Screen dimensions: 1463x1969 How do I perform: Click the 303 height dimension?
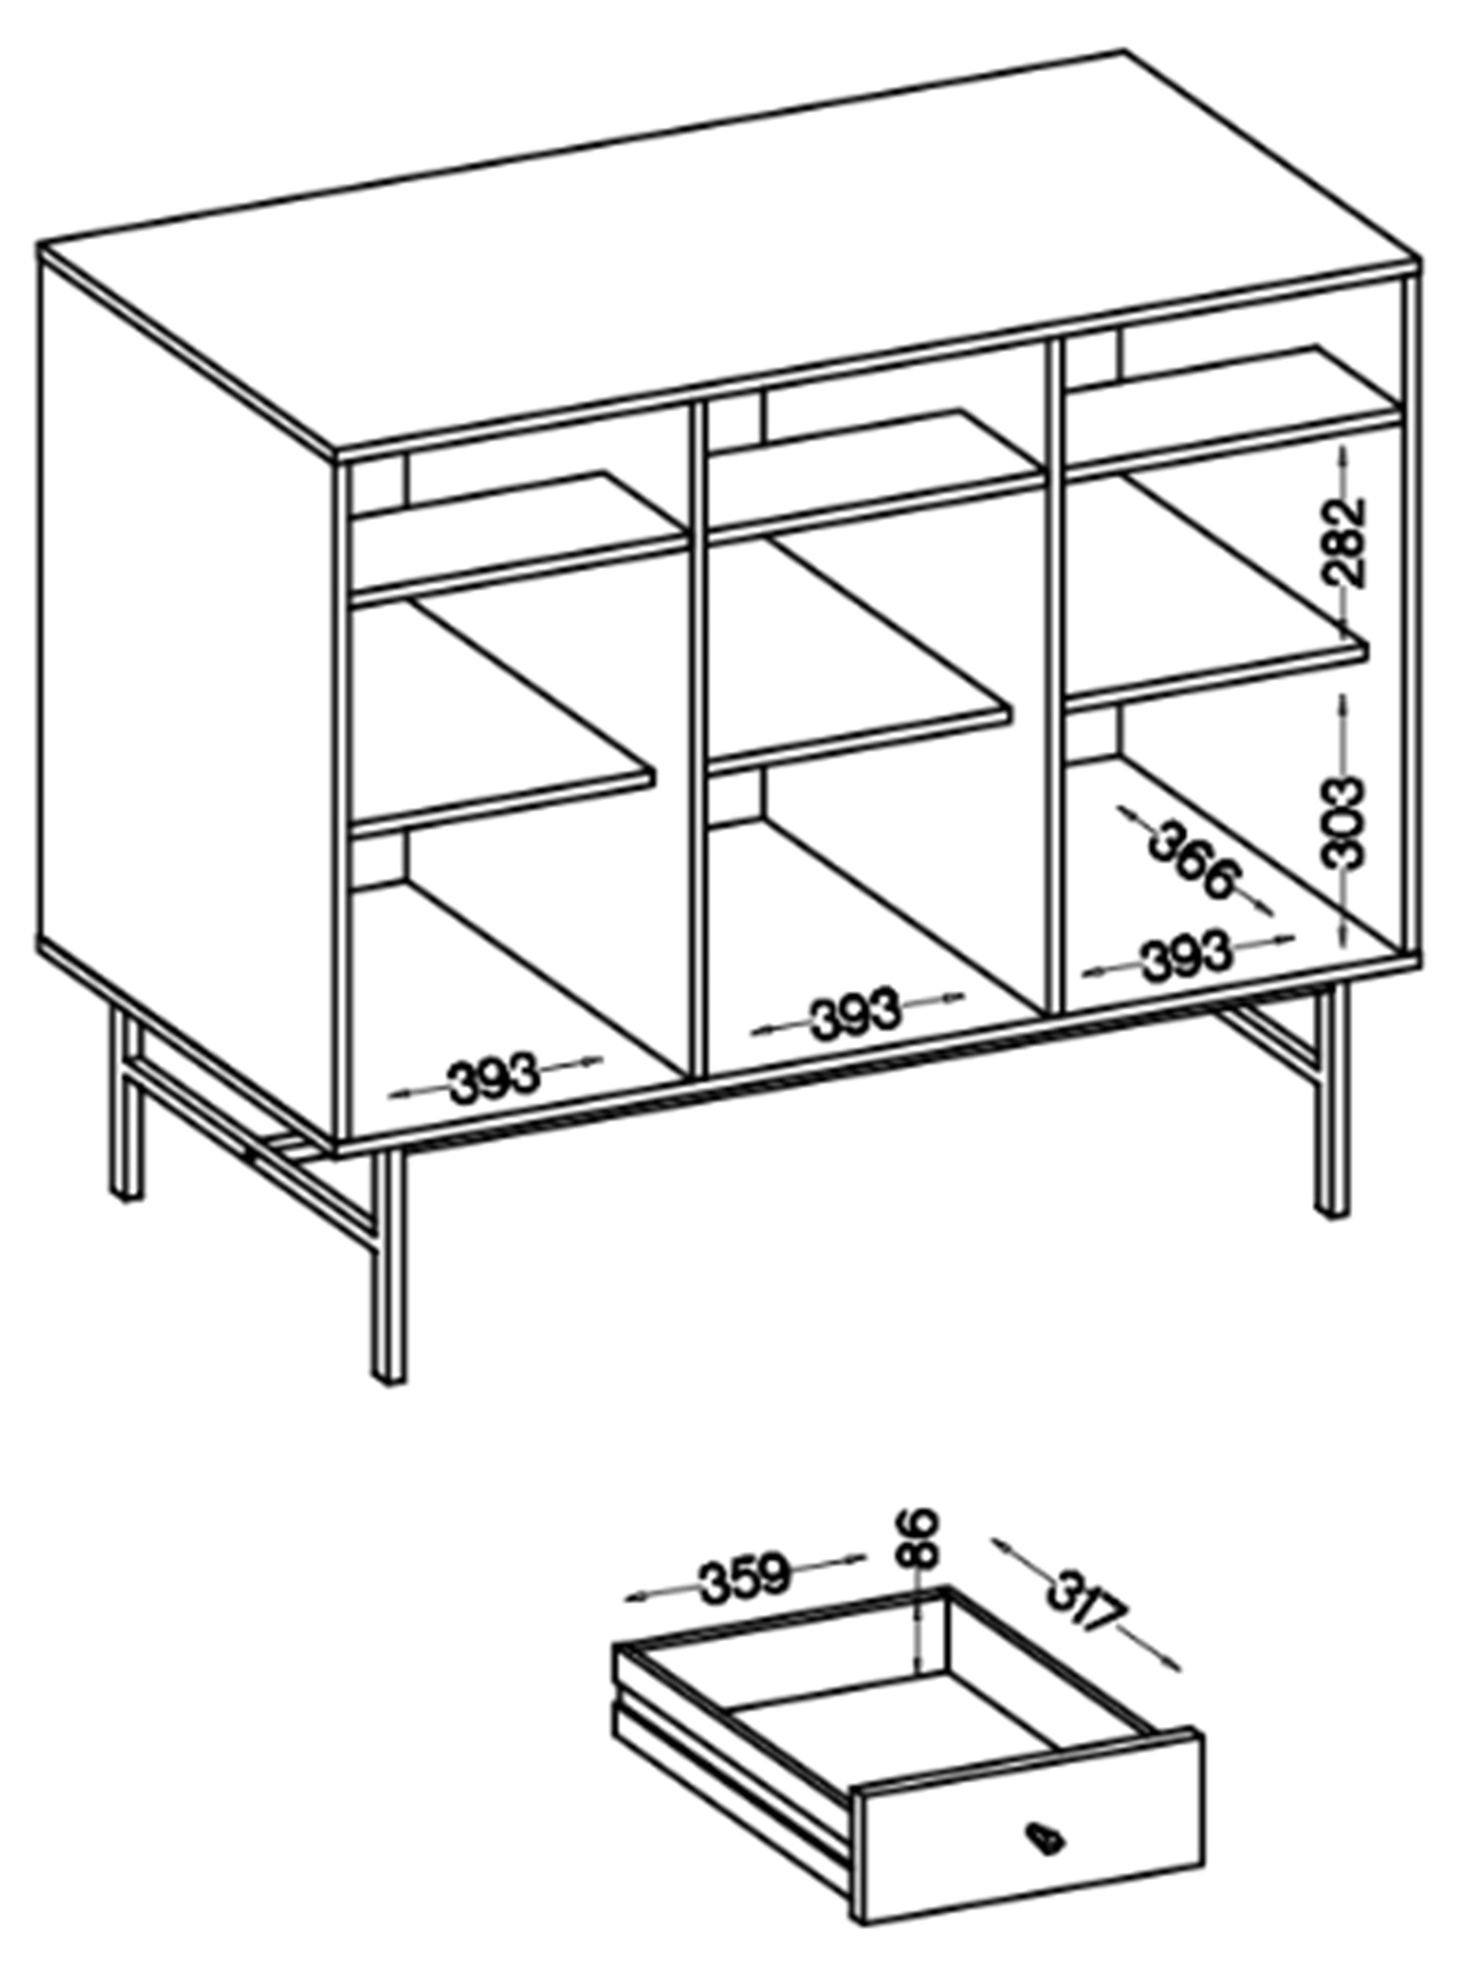click(1342, 821)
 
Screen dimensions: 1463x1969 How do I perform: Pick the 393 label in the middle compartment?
click(856, 1015)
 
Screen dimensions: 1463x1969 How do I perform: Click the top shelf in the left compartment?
click(519, 537)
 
